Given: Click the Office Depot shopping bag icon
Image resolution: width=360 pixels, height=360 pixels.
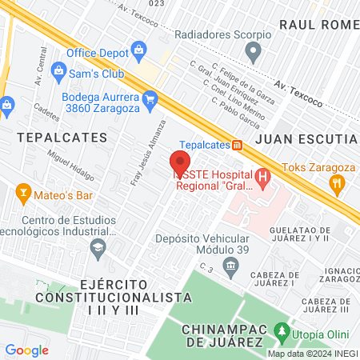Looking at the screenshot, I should click(139, 51).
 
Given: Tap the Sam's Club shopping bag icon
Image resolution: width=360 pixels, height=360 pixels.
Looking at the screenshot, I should click(58, 71).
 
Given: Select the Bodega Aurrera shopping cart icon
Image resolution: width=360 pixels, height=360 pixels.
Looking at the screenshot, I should click(150, 98).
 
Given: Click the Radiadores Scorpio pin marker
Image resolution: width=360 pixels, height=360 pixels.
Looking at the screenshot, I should click(254, 54).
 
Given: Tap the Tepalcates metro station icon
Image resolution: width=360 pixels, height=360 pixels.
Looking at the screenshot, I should click(237, 145).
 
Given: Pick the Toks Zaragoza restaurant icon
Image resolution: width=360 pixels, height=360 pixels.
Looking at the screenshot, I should click(338, 182).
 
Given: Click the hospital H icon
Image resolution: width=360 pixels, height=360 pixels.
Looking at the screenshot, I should click(262, 177).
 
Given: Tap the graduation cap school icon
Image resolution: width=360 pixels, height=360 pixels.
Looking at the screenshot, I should click(98, 246).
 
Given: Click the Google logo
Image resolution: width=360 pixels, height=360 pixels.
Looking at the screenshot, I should click(26, 350).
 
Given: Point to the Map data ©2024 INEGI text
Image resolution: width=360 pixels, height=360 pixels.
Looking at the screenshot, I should click(312, 354).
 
